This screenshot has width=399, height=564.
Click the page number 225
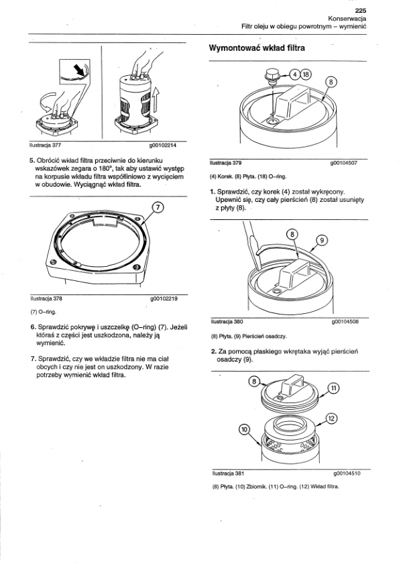361,11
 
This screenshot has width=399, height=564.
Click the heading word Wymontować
235,48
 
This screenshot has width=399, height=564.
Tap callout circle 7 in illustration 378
158,207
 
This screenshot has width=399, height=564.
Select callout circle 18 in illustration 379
306,74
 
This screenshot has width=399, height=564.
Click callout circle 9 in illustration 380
322,240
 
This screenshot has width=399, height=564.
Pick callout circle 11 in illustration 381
333,388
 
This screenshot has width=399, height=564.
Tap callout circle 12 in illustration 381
331,418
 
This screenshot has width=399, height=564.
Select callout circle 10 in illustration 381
244,429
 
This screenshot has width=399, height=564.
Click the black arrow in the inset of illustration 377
78,69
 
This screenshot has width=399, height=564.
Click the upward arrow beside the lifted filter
156,101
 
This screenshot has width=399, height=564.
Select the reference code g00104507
343,163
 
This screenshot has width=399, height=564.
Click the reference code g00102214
164,146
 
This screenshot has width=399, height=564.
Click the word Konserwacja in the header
347,18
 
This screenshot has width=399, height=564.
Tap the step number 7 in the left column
33,359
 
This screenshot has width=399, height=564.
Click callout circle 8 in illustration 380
292,235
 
